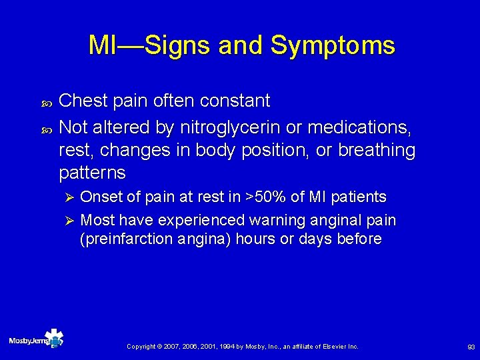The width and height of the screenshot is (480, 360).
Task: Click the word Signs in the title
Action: tap(178, 45)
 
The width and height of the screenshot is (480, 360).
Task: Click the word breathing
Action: tap(376, 150)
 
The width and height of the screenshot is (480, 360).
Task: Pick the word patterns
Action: tap(92, 173)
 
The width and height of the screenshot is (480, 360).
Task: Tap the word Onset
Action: tap(100, 197)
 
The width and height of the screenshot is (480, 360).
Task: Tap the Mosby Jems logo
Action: tap(36, 340)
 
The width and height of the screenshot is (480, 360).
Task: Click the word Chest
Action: tap(80, 101)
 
